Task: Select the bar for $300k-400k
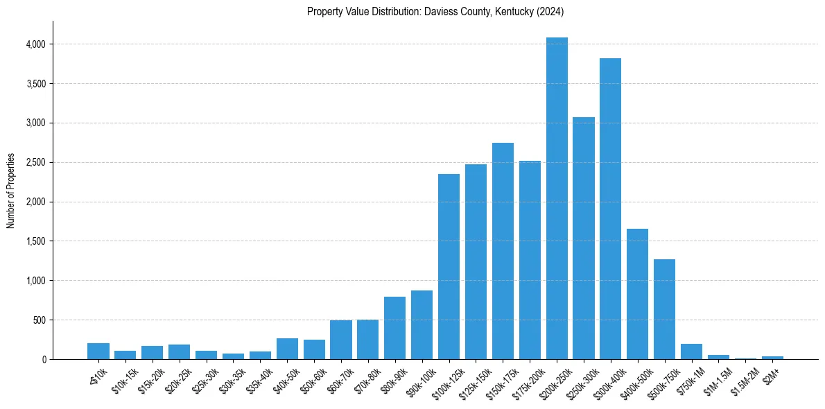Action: click(x=610, y=209)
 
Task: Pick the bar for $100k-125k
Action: click(x=449, y=266)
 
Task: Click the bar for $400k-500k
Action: click(x=637, y=294)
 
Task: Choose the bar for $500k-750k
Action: click(x=664, y=309)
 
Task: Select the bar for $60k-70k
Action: click(x=341, y=340)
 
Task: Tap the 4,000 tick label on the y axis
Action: click(x=36, y=44)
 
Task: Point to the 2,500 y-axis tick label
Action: click(x=36, y=163)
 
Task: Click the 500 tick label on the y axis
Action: click(x=40, y=320)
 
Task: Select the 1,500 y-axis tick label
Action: click(x=36, y=241)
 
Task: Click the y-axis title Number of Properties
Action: click(x=11, y=191)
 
